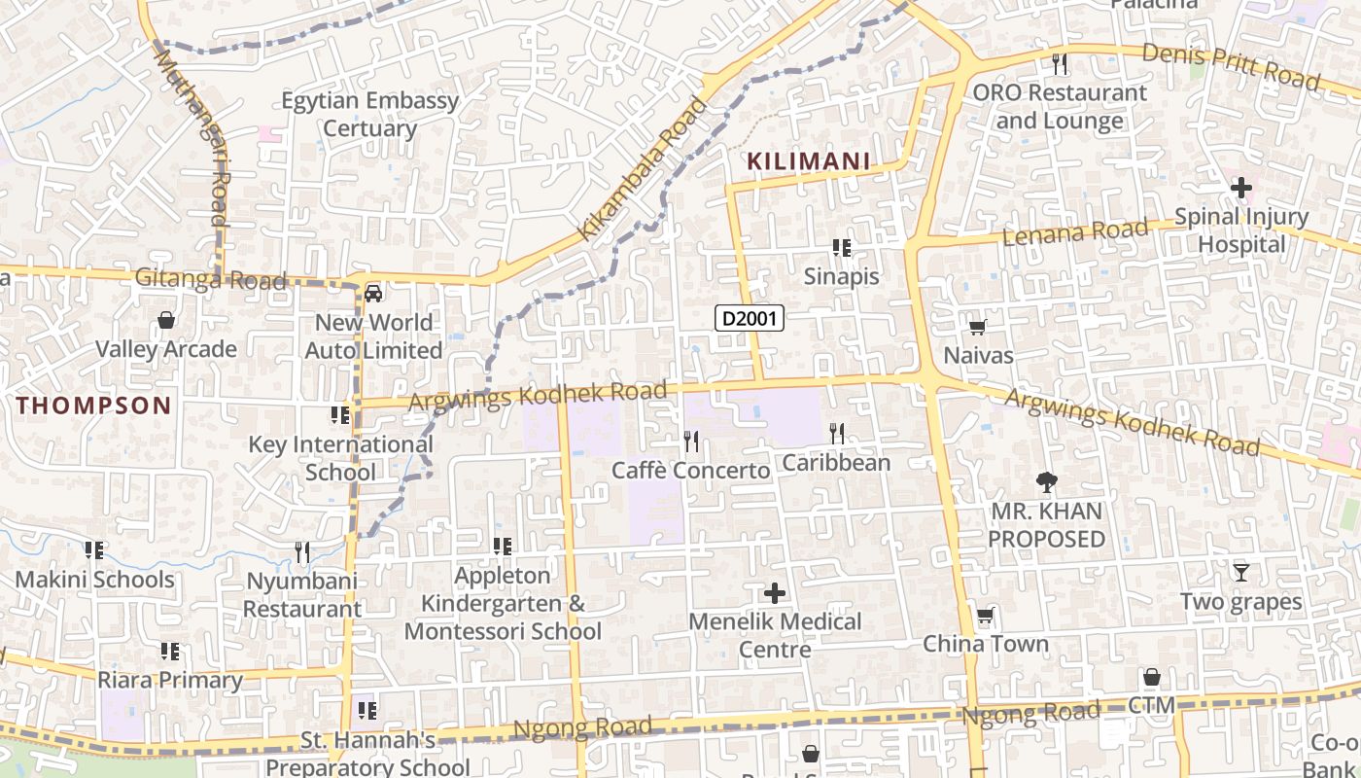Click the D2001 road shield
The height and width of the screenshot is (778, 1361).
[x=749, y=317]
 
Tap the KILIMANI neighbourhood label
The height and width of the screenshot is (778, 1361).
[x=808, y=161]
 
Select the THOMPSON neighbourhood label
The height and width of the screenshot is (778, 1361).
[x=93, y=406]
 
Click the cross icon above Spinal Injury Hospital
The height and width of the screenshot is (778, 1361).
[x=1241, y=187]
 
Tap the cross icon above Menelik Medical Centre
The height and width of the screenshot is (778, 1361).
[x=775, y=592]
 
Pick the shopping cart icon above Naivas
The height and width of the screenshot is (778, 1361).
[x=978, y=328]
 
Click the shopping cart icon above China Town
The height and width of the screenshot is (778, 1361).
[x=986, y=616]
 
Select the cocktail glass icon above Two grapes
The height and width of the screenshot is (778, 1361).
[x=1241, y=573]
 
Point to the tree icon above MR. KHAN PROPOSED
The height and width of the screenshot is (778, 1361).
[x=1047, y=481]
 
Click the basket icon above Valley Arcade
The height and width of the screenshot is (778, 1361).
[x=166, y=320]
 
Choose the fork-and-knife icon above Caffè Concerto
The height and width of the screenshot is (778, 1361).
[x=690, y=442]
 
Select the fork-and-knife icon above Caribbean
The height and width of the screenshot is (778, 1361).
[x=837, y=433]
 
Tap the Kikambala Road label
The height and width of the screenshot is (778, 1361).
[x=643, y=169]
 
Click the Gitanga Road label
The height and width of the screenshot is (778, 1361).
[x=210, y=280]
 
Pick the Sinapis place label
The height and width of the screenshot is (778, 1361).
[x=841, y=276]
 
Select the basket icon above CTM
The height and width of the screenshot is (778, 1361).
[x=1152, y=677]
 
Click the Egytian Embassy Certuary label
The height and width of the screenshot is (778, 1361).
[x=369, y=114]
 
